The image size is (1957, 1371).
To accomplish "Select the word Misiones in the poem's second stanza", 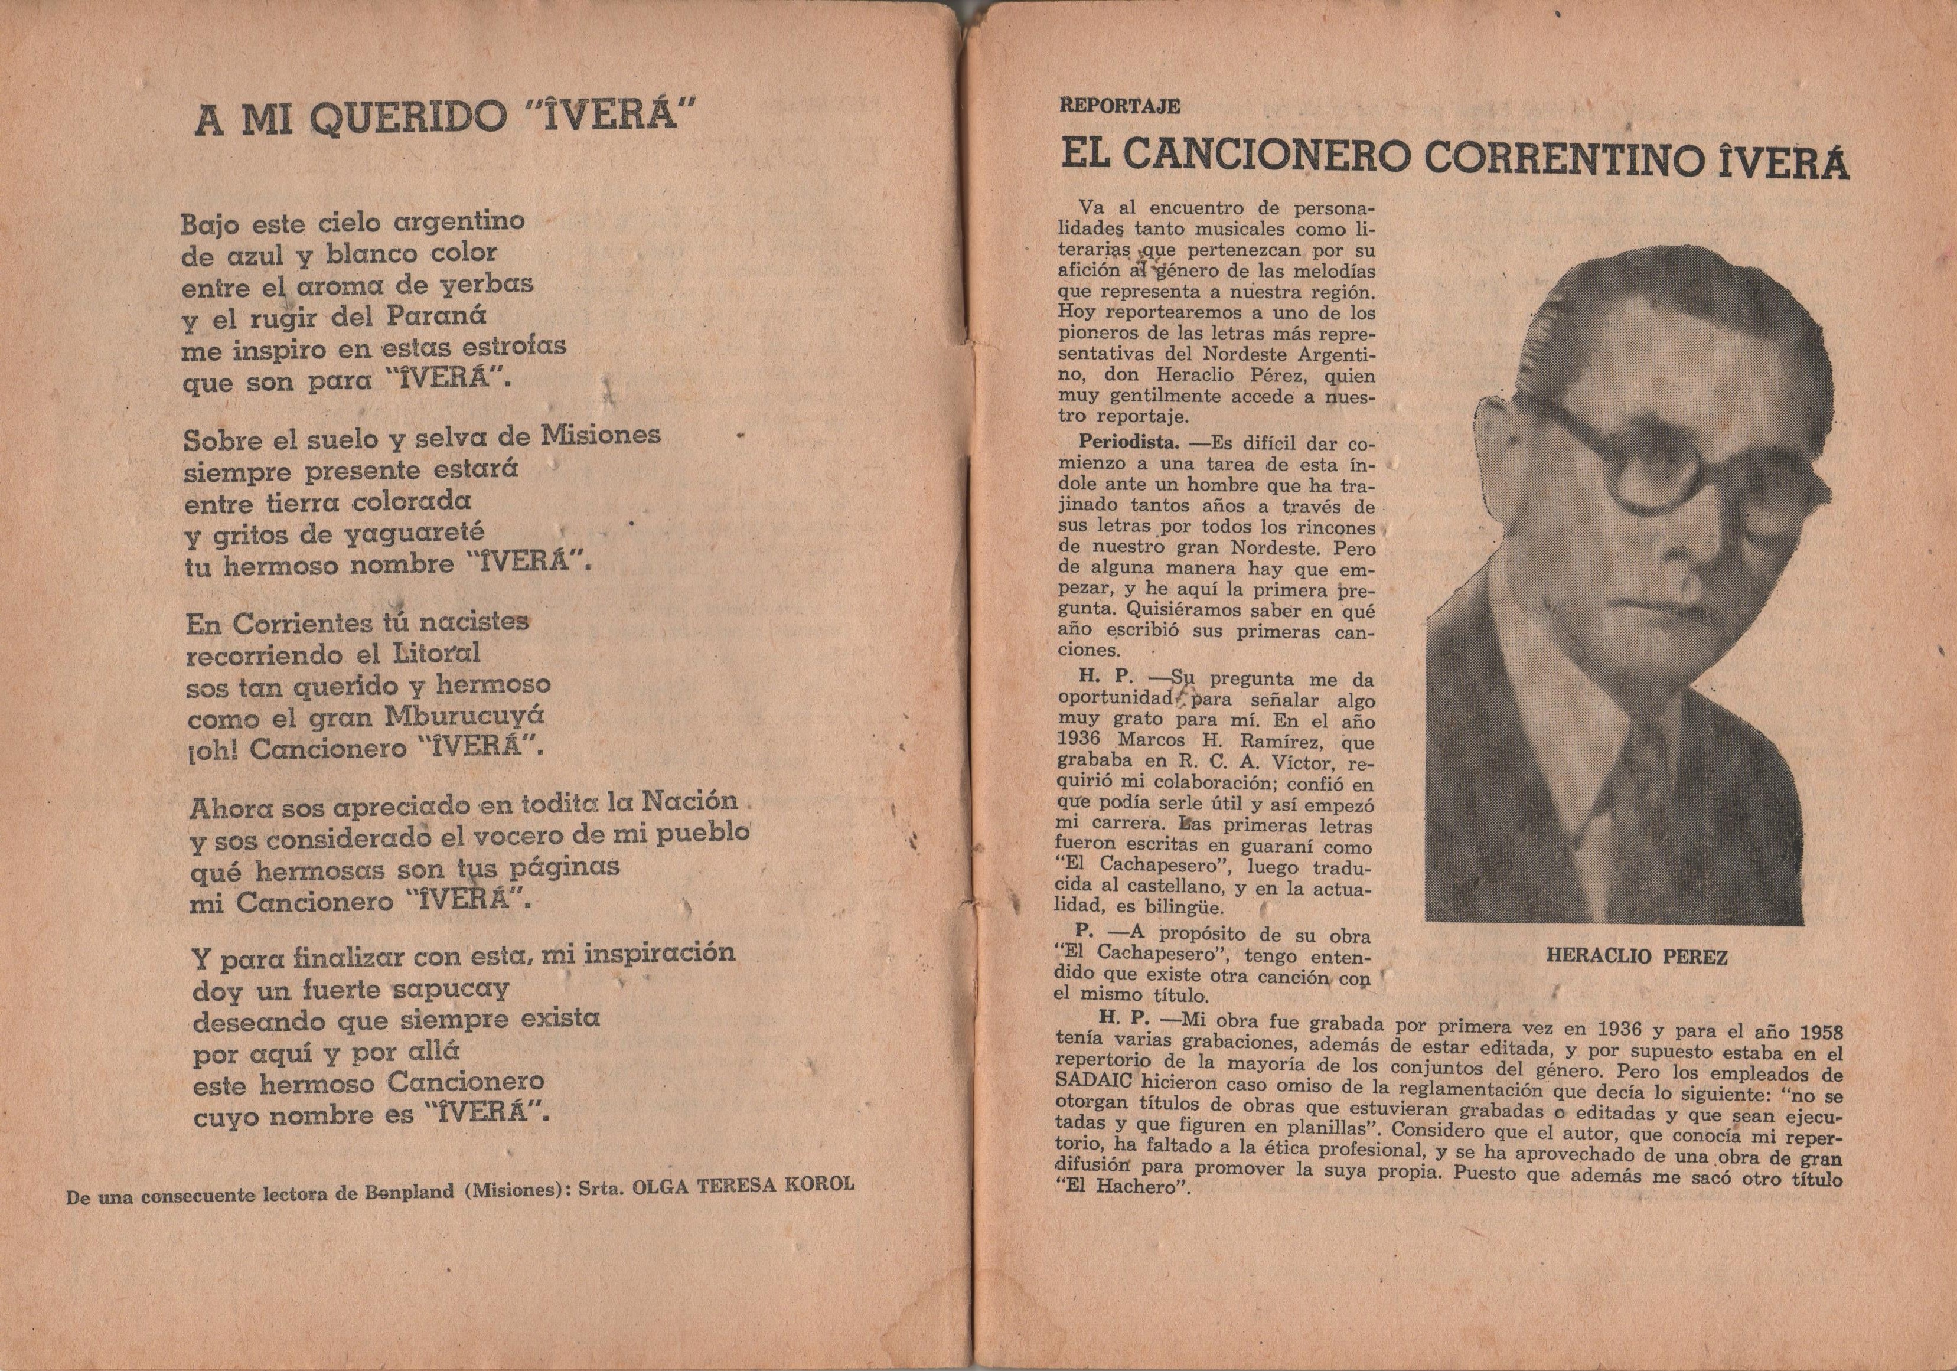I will [601, 435].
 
